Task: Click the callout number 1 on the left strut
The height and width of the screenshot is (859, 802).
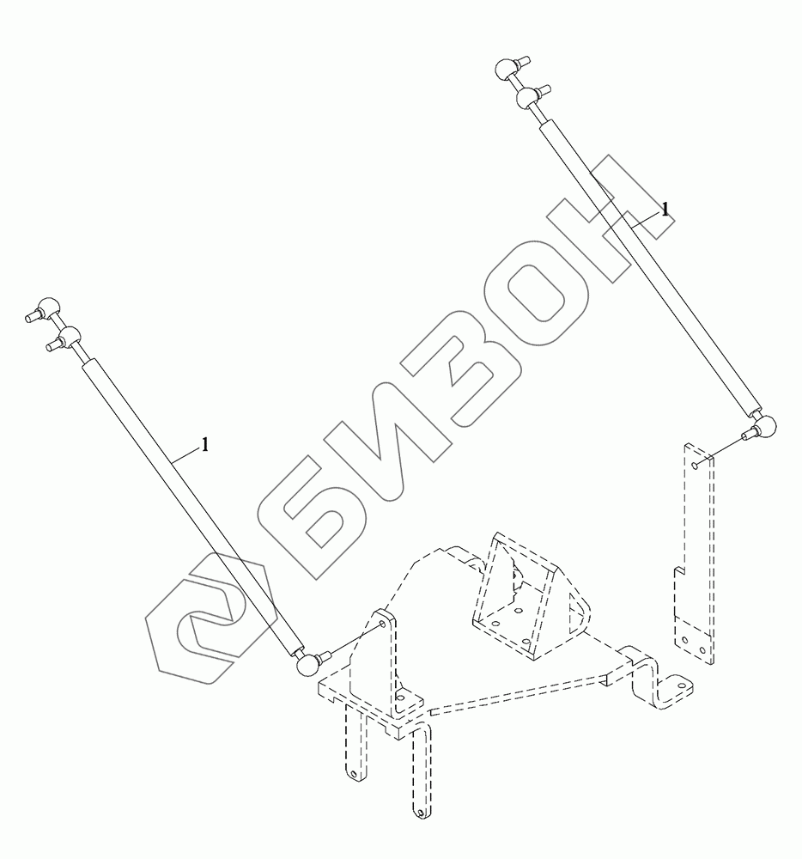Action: click(x=205, y=444)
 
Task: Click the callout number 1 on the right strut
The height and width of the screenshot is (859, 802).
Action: click(x=665, y=209)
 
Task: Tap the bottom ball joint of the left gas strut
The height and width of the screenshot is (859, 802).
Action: click(x=304, y=663)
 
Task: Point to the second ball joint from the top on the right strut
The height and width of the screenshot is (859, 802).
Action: click(x=527, y=98)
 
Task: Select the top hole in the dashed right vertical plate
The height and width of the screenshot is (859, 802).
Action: click(x=694, y=465)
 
